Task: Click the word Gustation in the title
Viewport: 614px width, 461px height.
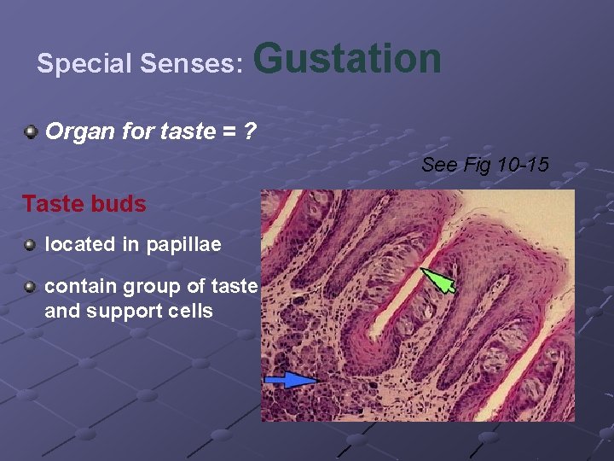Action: [x=348, y=59]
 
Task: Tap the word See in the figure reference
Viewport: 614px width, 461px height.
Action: [x=439, y=165]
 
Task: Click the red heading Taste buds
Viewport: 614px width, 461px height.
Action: [x=84, y=204]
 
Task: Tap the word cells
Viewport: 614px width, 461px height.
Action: [x=190, y=310]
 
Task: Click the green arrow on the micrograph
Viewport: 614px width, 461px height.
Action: [x=439, y=280]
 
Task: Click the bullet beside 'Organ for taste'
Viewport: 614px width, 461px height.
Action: [x=31, y=132]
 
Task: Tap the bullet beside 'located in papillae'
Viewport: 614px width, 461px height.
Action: [x=31, y=245]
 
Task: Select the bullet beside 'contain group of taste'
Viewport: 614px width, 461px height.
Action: [x=31, y=287]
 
